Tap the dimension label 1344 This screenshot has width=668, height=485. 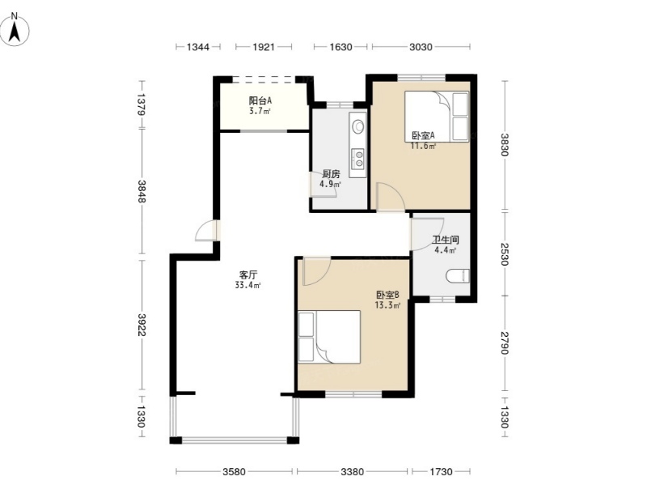(198, 47)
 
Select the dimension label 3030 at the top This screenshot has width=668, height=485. (421, 47)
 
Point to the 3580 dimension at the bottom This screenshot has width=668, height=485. (234, 471)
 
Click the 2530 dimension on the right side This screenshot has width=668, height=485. (505, 253)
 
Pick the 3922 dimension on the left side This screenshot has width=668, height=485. (142, 325)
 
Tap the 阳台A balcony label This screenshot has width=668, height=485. (260, 101)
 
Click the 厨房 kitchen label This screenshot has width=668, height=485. (331, 174)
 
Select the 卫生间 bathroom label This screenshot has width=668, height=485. (445, 240)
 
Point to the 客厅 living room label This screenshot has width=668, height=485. (248, 274)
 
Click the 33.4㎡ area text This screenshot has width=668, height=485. (247, 285)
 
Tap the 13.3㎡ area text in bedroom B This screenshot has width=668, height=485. (387, 305)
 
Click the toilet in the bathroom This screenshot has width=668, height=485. (458, 276)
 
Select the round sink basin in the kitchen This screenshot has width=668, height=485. (357, 126)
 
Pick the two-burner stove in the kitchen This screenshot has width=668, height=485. (357, 158)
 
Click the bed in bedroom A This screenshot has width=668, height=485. (436, 116)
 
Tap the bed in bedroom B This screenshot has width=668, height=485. (329, 337)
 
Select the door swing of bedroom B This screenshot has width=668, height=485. (316, 271)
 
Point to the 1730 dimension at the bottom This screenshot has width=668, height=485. (441, 471)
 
